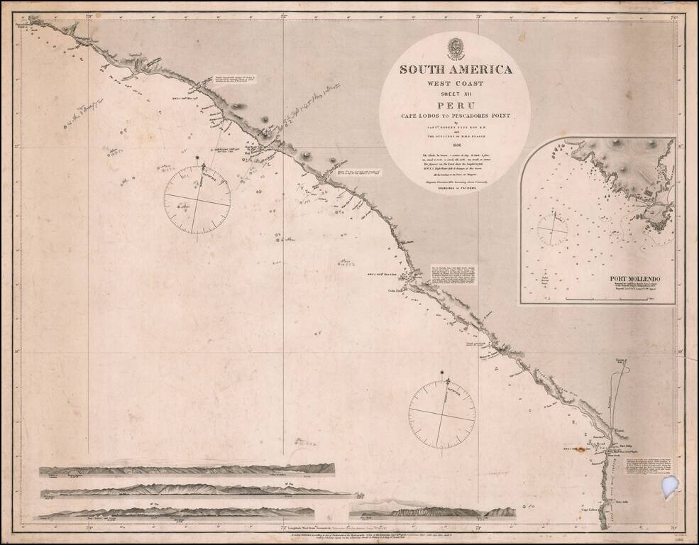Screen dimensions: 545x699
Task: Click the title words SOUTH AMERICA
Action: (455, 70)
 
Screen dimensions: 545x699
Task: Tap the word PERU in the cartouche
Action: (455, 104)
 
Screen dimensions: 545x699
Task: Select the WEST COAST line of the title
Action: (455, 83)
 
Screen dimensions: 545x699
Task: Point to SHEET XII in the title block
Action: (455, 92)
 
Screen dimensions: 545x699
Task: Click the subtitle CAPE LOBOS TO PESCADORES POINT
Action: (455, 115)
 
